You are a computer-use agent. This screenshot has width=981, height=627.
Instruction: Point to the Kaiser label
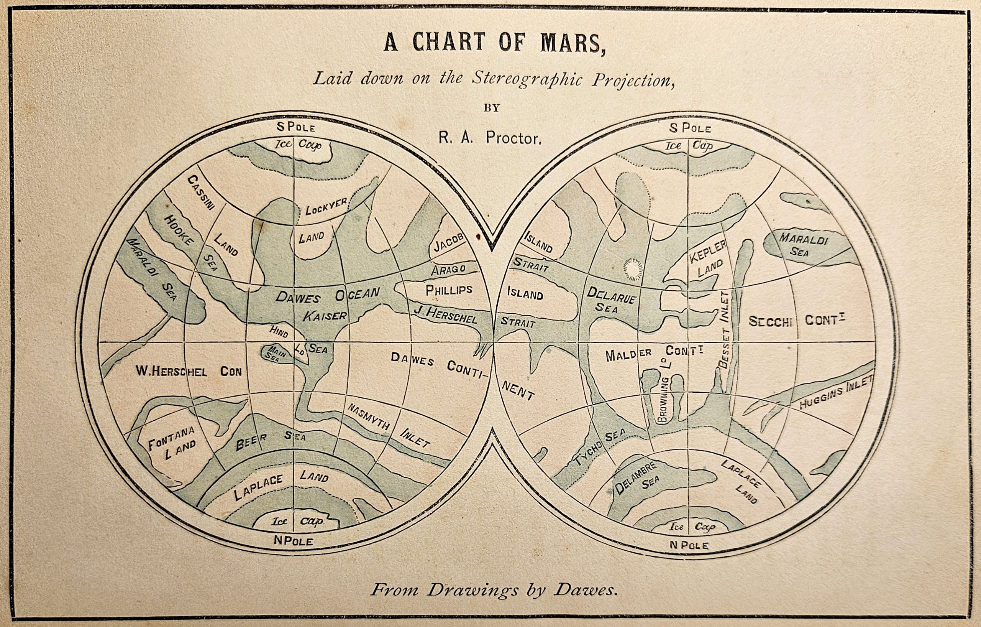325,316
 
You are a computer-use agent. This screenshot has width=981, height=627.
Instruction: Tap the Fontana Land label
172,448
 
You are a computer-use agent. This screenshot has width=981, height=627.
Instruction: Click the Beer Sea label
270,441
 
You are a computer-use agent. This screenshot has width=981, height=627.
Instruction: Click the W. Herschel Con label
188,371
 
